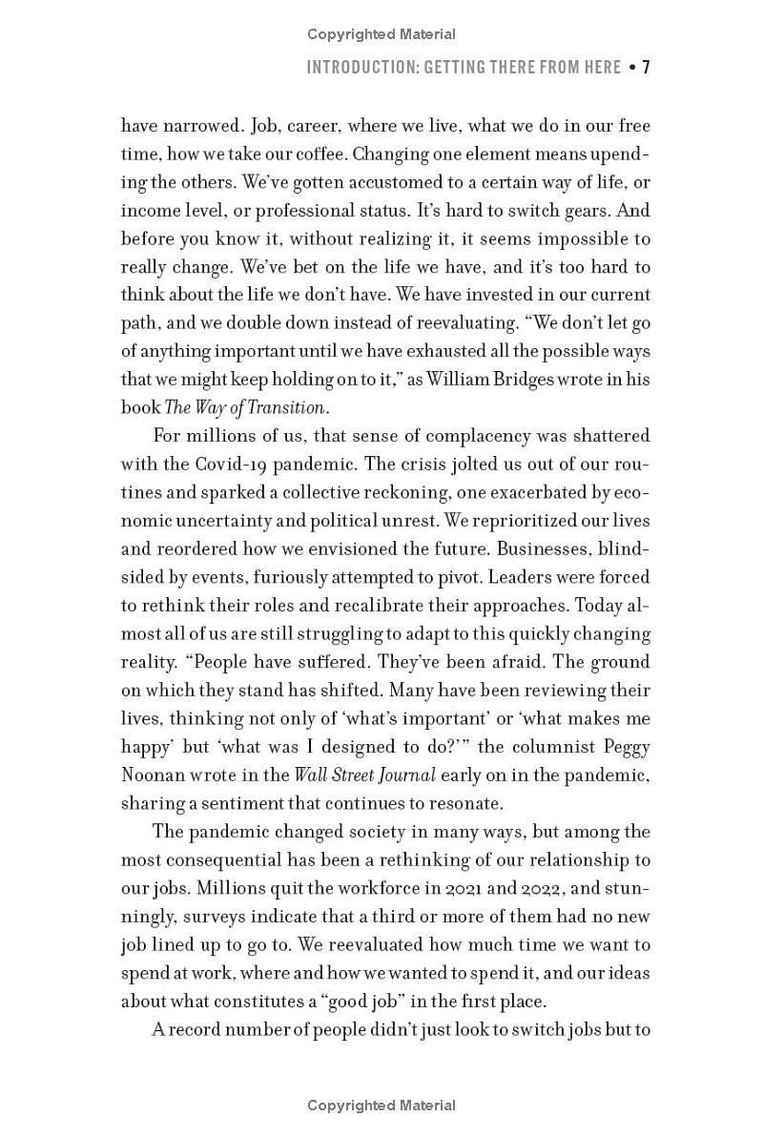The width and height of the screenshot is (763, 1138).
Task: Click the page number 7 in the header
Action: tap(646, 68)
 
